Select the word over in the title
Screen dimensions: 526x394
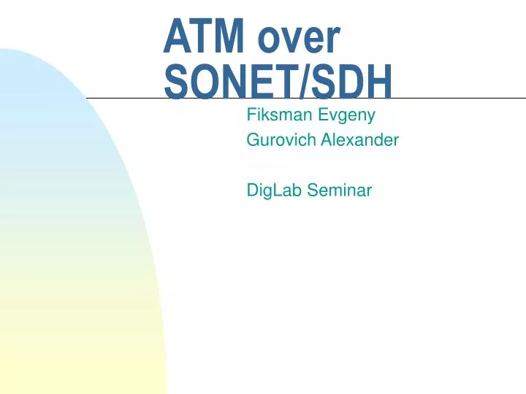300,39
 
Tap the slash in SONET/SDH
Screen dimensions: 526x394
305,81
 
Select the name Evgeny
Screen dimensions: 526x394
346,116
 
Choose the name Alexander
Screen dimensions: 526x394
360,139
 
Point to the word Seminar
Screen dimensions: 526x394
340,190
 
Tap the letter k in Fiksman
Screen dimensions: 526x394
264,115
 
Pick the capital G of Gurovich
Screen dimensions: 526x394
254,139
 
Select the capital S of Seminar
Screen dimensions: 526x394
313,190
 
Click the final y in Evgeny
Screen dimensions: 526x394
370,117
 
